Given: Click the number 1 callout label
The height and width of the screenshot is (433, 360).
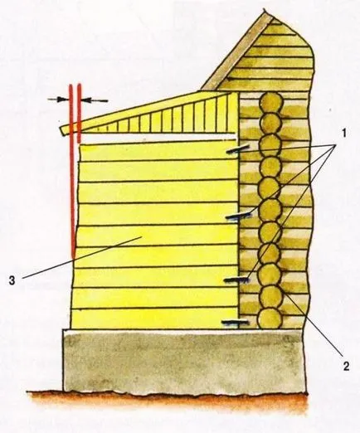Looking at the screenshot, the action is [343, 134].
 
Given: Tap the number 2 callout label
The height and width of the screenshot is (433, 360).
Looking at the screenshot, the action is [346, 366].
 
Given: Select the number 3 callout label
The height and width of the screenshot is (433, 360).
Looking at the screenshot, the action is [12, 280].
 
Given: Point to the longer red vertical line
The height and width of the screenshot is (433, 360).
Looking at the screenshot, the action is [72, 172].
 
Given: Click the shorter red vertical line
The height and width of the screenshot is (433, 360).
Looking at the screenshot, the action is [79, 114].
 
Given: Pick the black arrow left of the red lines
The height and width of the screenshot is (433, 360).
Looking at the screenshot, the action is [59, 99].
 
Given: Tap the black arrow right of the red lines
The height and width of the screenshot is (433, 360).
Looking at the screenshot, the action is [95, 100].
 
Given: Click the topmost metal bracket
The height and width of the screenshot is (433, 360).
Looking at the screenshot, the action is [237, 148].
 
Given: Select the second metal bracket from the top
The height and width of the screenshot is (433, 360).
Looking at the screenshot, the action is [237, 215].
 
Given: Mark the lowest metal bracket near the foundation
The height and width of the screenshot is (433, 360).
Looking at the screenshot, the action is [235, 322].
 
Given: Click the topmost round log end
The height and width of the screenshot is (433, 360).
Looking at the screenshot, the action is [271, 102].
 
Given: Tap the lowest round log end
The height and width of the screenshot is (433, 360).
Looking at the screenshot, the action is [270, 319].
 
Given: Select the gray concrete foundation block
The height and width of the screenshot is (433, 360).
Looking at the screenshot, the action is [185, 361].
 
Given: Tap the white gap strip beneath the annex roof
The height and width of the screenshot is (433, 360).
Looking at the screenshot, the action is [158, 137].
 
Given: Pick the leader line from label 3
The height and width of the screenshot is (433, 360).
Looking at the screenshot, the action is [81, 257].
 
